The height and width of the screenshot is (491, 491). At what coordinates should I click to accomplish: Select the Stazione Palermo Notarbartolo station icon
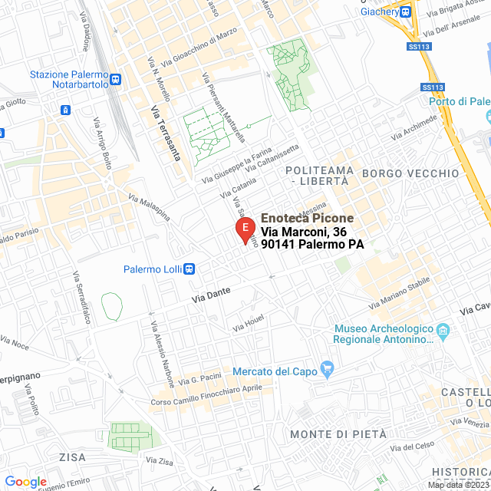(115, 79)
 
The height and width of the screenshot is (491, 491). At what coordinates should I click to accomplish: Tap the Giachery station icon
(405, 12)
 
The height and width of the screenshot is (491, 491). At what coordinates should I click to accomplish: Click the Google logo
(25, 482)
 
